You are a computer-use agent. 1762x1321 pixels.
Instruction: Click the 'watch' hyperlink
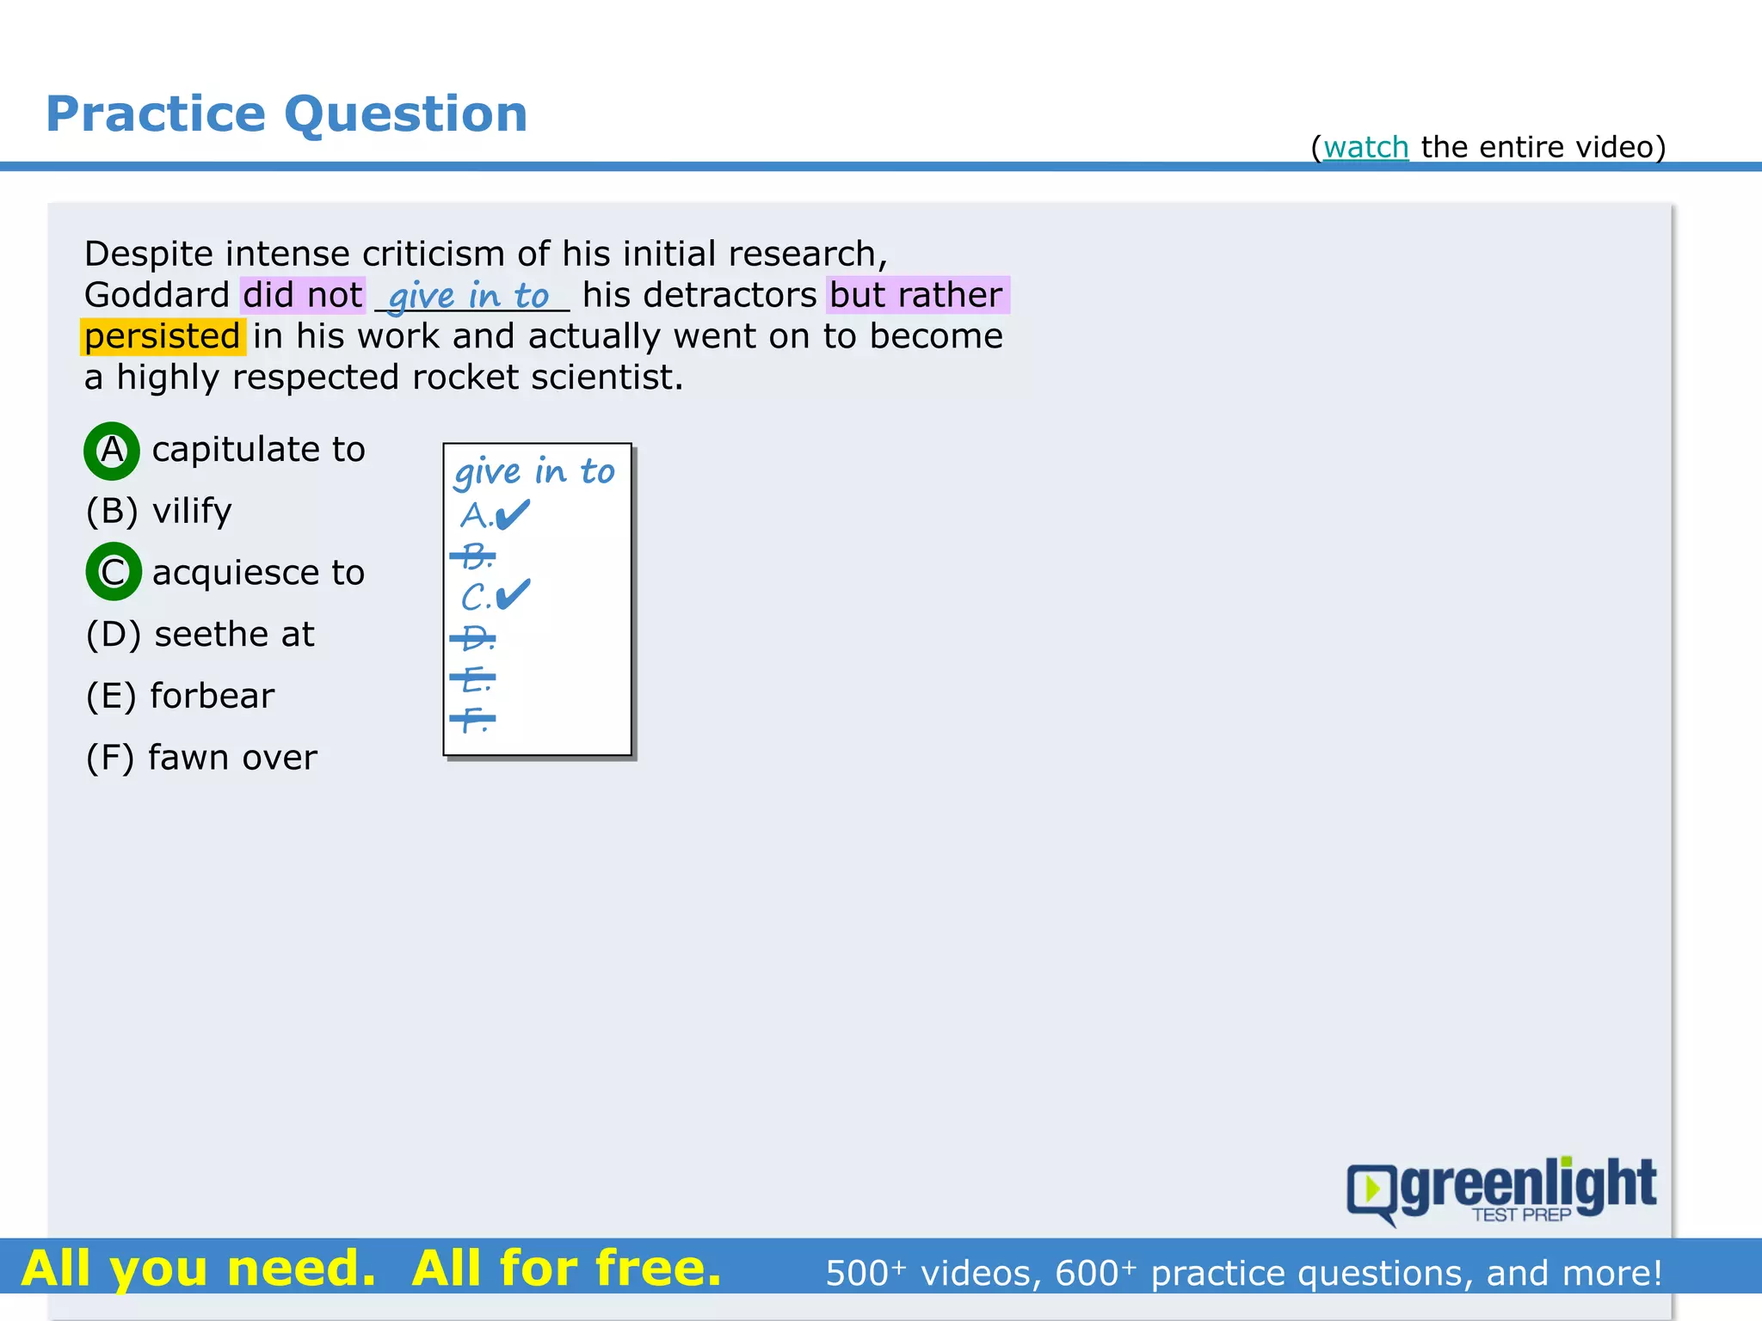pyautogui.click(x=1365, y=148)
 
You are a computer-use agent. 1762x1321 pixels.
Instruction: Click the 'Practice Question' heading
pyautogui.click(x=286, y=114)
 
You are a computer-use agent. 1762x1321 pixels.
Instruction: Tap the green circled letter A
pyautogui.click(x=112, y=451)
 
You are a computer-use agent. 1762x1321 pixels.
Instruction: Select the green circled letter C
pyautogui.click(x=113, y=572)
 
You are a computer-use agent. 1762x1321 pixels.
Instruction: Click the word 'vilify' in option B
pyautogui.click(x=192, y=511)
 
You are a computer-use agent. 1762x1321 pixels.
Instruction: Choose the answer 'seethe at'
pyautogui.click(x=234, y=635)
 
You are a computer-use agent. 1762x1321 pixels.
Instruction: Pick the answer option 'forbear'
pyautogui.click(x=212, y=696)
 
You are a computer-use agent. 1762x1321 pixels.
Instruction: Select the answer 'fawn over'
pyautogui.click(x=232, y=758)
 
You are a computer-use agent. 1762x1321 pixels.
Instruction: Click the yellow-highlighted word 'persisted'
pyautogui.click(x=163, y=336)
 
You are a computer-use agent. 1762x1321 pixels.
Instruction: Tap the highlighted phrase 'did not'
pyautogui.click(x=303, y=295)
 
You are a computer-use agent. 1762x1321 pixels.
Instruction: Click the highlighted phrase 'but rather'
pyautogui.click(x=916, y=295)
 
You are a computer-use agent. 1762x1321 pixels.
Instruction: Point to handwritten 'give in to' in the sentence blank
pyautogui.click(x=469, y=296)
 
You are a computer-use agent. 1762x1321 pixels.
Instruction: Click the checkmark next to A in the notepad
pyautogui.click(x=514, y=515)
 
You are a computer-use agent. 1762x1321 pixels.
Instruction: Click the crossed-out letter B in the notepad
pyautogui.click(x=474, y=556)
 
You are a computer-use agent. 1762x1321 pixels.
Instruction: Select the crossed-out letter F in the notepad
pyautogui.click(x=472, y=718)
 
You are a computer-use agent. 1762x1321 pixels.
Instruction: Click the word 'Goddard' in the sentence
pyautogui.click(x=157, y=295)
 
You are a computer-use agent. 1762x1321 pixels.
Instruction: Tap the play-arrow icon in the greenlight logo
pyautogui.click(x=1372, y=1189)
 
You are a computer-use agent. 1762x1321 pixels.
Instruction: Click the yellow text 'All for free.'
pyautogui.click(x=566, y=1269)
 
